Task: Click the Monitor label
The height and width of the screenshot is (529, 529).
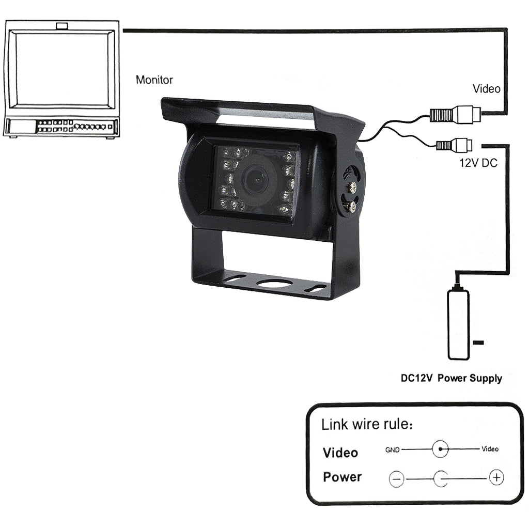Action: [x=154, y=80]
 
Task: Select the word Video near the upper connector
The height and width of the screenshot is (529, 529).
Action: [x=486, y=89]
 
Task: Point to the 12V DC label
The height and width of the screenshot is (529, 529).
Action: [x=478, y=163]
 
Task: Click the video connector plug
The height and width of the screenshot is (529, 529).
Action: [x=455, y=113]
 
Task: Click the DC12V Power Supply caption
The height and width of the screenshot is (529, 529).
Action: [x=451, y=378]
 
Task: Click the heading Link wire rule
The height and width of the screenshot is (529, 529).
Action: [x=367, y=425]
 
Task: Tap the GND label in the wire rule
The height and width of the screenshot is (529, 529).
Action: [x=392, y=449]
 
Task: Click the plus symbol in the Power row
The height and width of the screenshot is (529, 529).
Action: [x=496, y=477]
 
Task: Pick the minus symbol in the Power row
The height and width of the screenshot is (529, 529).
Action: [x=396, y=479]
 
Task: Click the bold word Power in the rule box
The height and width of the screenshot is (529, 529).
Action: [x=342, y=477]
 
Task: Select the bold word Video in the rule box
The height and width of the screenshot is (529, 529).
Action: [x=340, y=453]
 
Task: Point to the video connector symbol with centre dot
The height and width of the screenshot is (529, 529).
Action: [x=440, y=449]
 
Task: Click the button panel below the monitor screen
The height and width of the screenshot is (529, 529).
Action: [x=60, y=126]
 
